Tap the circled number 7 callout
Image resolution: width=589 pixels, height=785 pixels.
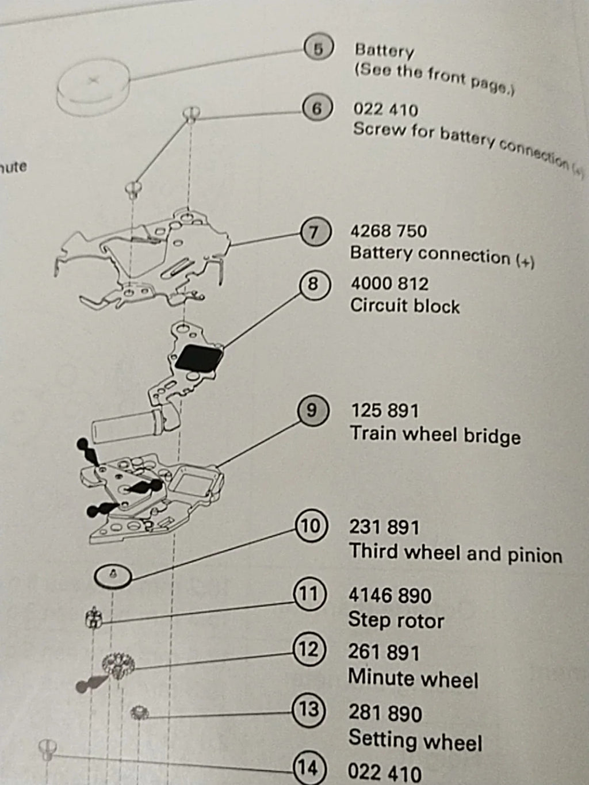314,232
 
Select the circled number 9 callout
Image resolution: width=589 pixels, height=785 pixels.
311,410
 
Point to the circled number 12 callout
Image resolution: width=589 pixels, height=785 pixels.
308,650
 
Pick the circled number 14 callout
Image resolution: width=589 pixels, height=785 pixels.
308,768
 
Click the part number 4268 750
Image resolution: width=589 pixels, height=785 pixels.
388,231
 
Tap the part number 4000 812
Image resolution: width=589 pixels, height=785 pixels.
389,284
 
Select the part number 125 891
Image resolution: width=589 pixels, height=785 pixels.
385,411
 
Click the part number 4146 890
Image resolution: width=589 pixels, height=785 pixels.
389,595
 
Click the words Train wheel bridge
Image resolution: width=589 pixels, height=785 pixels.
435,435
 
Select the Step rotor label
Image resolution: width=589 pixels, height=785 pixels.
396,621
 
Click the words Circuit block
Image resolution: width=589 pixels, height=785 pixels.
405,306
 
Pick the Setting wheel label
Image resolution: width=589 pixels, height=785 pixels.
415,740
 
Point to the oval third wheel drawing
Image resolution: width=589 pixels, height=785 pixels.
113,574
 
